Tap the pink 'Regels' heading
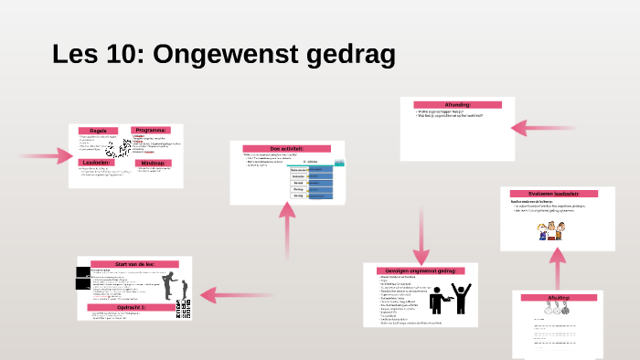tap(98, 132)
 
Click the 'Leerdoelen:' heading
tap(96, 163)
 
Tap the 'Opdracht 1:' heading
tap(134, 307)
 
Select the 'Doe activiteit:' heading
tap(286, 149)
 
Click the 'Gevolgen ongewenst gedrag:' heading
tap(420, 270)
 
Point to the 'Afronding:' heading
tap(457, 105)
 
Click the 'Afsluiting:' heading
tap(558, 298)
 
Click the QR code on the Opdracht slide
tap(186, 312)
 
